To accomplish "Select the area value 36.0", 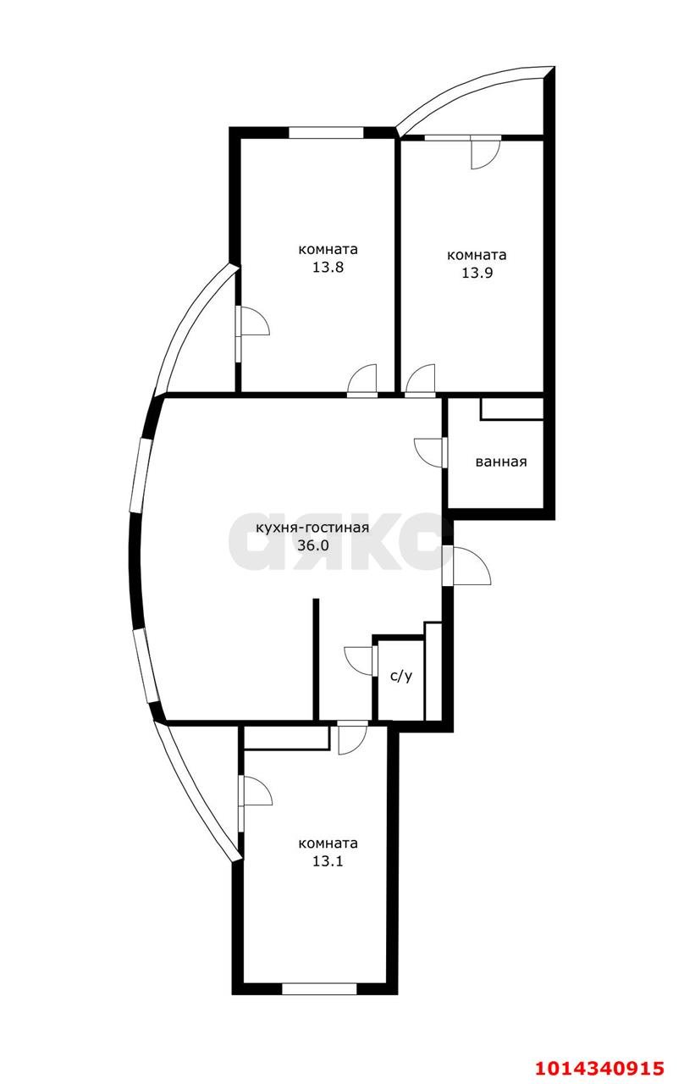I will click(312, 545).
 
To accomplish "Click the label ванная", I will click(501, 462).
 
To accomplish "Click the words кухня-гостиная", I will click(312, 528).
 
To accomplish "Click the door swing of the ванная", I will click(429, 451).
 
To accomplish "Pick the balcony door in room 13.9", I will click(485, 152).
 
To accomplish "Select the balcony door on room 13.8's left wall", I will click(252, 322).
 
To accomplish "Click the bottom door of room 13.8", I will click(362, 379).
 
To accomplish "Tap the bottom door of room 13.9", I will click(421, 379).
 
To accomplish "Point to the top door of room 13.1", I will click(351, 738).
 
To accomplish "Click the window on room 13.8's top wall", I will click(327, 132).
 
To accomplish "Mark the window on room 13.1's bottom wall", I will click(319, 988).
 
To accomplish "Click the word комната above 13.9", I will click(476, 255).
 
